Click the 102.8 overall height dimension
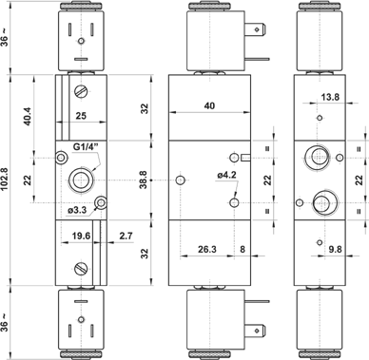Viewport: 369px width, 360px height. [5, 180]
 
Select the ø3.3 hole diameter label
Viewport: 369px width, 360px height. [77, 210]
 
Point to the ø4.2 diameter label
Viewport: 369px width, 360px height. [227, 175]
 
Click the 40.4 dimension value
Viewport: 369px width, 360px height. [28, 116]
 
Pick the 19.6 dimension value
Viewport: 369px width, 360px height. [81, 236]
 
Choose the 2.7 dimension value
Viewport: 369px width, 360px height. [126, 236]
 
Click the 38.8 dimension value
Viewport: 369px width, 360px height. [144, 180]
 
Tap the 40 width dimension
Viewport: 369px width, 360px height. [209, 105]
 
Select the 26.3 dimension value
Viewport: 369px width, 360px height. [207, 249]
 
